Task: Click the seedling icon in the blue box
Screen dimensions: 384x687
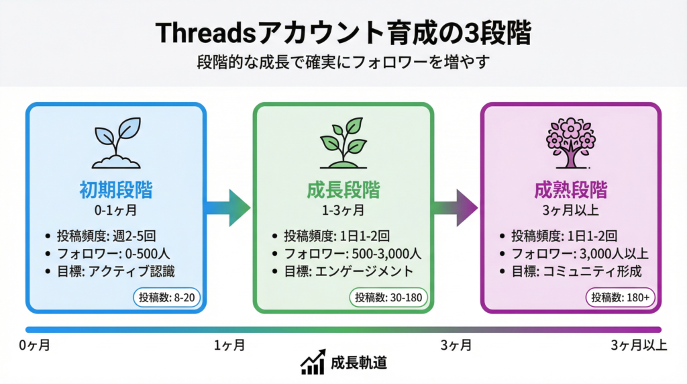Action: click(x=115, y=142)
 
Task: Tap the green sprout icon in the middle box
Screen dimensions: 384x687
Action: click(x=343, y=142)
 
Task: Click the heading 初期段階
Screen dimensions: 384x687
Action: click(x=115, y=190)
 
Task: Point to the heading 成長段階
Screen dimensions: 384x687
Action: click(x=343, y=190)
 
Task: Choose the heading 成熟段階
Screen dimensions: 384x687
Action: click(x=571, y=190)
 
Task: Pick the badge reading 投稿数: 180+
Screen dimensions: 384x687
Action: click(x=621, y=297)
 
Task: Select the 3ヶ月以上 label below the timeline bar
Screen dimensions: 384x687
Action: click(x=638, y=346)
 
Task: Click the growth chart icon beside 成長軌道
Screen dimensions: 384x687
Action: click(x=313, y=363)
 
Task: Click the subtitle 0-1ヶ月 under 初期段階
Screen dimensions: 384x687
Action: click(x=115, y=210)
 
